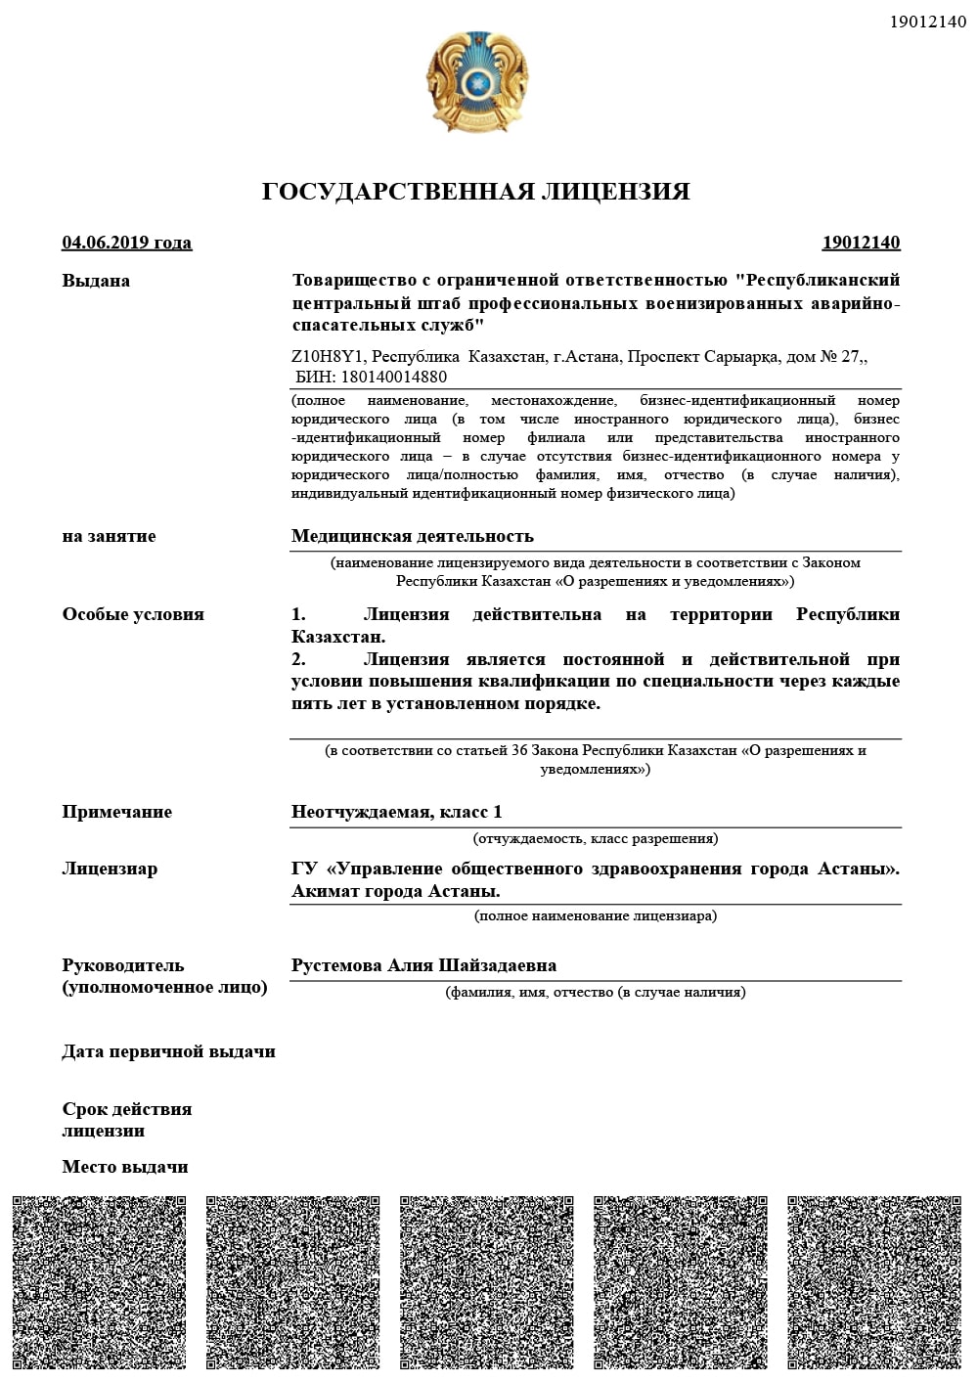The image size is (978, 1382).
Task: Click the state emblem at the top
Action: pyautogui.click(x=476, y=82)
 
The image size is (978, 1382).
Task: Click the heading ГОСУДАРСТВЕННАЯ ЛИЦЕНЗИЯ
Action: pyautogui.click(x=476, y=192)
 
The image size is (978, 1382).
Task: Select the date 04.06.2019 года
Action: pyautogui.click(x=127, y=243)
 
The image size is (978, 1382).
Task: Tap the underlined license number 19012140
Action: pyautogui.click(x=861, y=243)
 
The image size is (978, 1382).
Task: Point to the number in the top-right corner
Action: pyautogui.click(x=928, y=22)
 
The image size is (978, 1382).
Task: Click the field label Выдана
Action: pyautogui.click(x=96, y=281)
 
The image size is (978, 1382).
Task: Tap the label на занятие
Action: pyautogui.click(x=109, y=536)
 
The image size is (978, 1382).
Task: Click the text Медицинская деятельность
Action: pyautogui.click(x=413, y=536)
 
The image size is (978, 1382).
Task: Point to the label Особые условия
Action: pyautogui.click(x=133, y=614)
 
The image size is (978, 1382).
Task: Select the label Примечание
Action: pyautogui.click(x=116, y=812)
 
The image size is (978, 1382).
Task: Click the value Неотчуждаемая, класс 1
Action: pyautogui.click(x=397, y=812)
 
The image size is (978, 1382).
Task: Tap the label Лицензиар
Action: pyautogui.click(x=110, y=869)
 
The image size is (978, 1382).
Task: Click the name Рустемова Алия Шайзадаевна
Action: pyautogui.click(x=423, y=965)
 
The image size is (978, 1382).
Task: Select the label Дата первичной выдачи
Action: pyautogui.click(x=168, y=1051)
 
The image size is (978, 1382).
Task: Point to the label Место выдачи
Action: pyautogui.click(x=125, y=1167)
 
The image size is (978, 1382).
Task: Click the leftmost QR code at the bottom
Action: pyautogui.click(x=99, y=1282)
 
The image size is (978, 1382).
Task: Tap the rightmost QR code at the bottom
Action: pyautogui.click(x=874, y=1282)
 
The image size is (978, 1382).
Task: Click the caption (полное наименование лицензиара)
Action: pyautogui.click(x=596, y=916)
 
